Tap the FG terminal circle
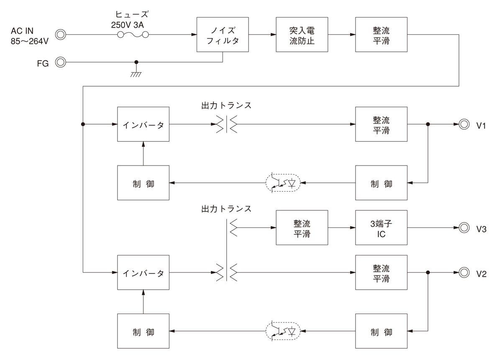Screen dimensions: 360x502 (61, 63)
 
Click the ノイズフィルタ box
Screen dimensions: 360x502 (223, 35)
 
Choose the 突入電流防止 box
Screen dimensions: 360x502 (302, 35)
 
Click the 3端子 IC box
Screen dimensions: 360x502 (381, 227)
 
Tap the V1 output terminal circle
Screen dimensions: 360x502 (464, 124)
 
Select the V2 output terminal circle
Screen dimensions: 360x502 (464, 273)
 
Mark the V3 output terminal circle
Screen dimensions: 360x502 (464, 227)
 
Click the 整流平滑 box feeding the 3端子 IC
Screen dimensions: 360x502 (302, 227)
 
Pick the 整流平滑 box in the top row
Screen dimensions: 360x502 (381, 35)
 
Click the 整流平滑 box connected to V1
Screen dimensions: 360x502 (381, 124)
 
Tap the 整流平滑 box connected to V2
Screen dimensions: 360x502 (381, 273)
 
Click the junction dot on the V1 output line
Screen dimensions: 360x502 (428, 124)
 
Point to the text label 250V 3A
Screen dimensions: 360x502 (128, 25)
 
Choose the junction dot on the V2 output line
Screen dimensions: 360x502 (428, 273)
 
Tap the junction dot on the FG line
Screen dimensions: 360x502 (136, 63)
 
